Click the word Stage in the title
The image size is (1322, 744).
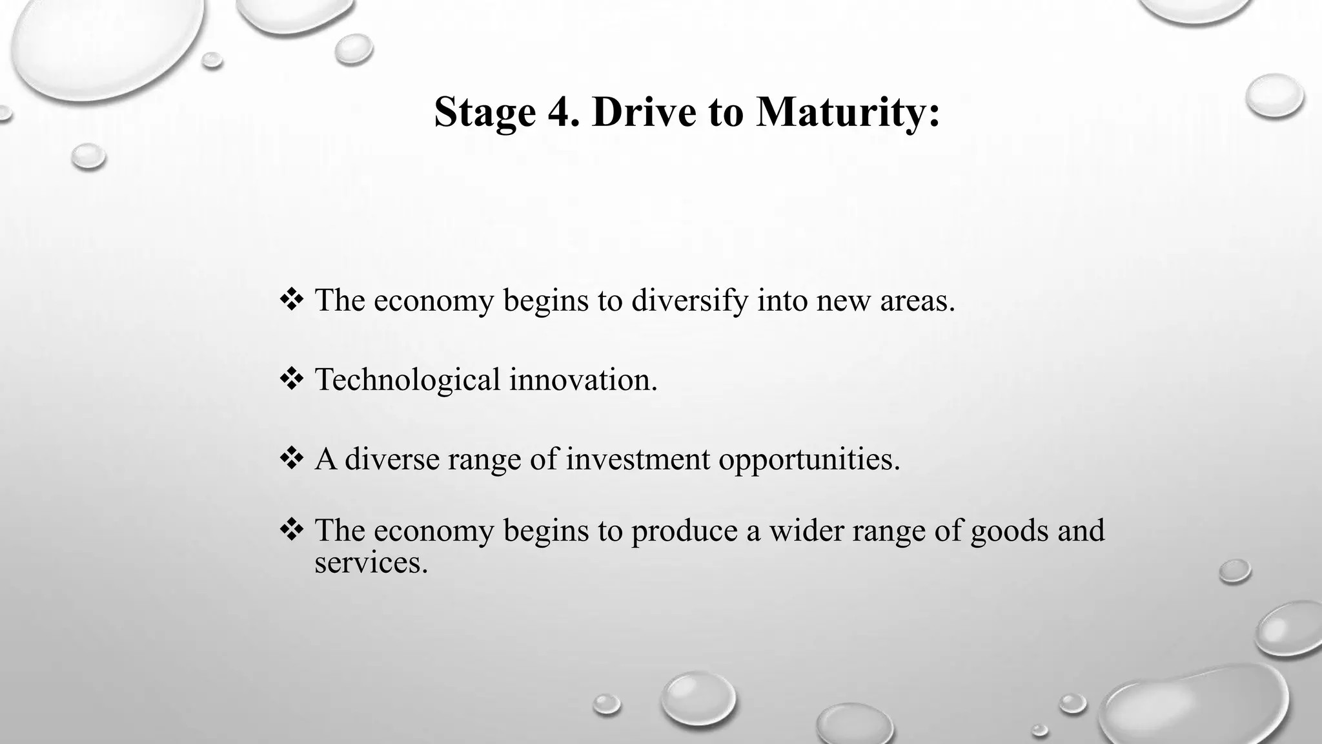485,112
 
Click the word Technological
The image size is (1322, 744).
407,380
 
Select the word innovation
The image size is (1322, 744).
583,380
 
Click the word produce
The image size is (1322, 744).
684,532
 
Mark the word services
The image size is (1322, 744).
371,563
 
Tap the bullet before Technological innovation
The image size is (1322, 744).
292,378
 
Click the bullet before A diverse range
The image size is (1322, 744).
292,458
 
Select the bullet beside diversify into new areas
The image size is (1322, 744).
292,300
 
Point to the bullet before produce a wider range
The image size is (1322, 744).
292,529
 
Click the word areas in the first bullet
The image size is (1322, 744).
917,301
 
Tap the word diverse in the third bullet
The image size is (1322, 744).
392,459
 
